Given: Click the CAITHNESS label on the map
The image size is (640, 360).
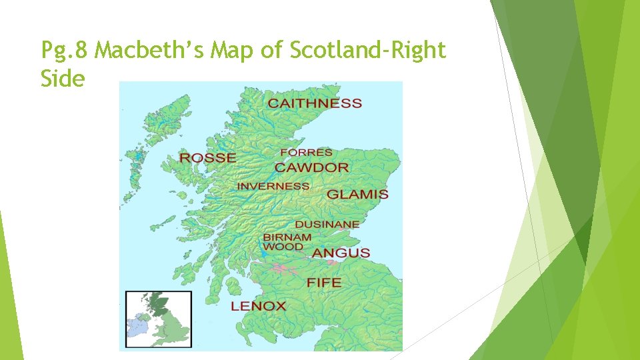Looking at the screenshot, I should [315, 103].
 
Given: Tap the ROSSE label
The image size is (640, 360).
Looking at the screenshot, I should [207, 158].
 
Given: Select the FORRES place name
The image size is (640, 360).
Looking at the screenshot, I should [306, 153].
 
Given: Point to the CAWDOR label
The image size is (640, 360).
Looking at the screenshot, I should [312, 167].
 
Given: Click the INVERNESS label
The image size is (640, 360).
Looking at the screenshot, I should [273, 186].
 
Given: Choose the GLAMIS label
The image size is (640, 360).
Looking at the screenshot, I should [357, 195].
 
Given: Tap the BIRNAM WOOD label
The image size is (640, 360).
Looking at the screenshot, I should [287, 241].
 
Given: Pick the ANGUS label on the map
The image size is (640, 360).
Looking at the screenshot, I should [341, 253].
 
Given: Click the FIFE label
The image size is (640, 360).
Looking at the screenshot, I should [323, 283].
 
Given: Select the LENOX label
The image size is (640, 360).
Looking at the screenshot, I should [258, 307].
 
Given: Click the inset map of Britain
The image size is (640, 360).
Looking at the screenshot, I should [159, 319].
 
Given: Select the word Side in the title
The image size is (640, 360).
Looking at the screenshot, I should [63, 79].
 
